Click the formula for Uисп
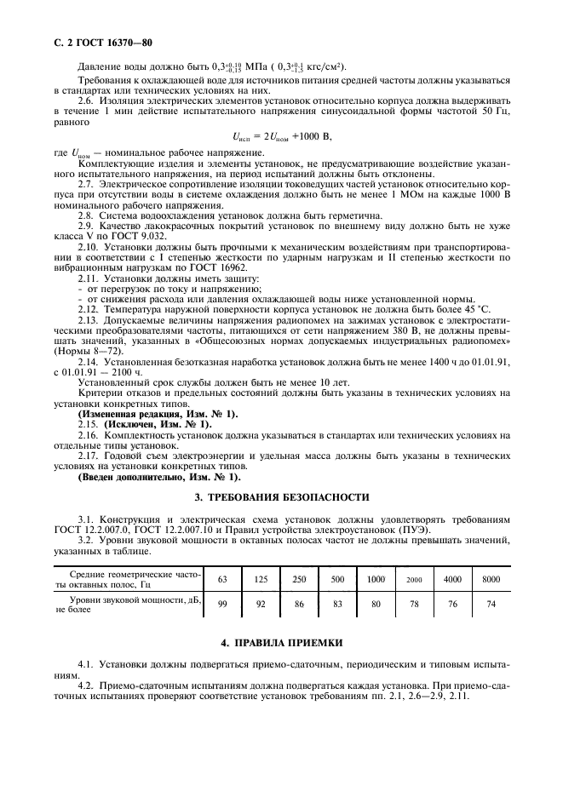(281, 135)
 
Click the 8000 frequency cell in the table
(491, 579)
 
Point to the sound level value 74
(491, 605)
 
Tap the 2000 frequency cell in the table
(414, 579)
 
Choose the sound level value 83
(337, 605)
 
